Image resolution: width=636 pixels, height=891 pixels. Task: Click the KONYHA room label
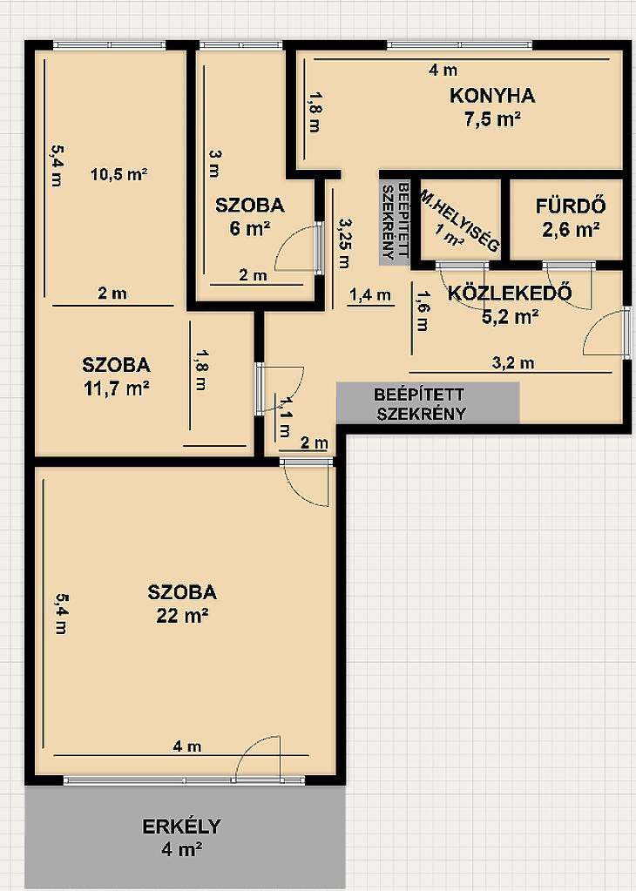pyautogui.click(x=491, y=96)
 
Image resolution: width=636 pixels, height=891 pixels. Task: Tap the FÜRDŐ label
pyautogui.click(x=570, y=206)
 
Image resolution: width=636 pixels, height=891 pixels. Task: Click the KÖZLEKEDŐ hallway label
pyautogui.click(x=510, y=294)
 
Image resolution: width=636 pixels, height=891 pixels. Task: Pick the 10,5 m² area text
pyautogui.click(x=118, y=174)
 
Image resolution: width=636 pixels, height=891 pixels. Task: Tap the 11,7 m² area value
pyautogui.click(x=116, y=388)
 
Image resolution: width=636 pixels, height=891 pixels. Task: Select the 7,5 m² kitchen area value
pyautogui.click(x=492, y=120)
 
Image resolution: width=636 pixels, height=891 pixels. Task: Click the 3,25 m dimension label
pyautogui.click(x=344, y=244)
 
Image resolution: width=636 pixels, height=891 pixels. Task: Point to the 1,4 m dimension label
pyautogui.click(x=370, y=295)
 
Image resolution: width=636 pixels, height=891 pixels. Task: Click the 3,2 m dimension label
pyautogui.click(x=512, y=362)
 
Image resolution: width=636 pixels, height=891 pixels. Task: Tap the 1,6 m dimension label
pyautogui.click(x=423, y=311)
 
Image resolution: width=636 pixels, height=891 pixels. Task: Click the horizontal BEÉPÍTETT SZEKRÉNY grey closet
pyautogui.click(x=428, y=403)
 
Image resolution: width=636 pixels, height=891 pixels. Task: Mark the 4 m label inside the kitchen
pyautogui.click(x=443, y=71)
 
